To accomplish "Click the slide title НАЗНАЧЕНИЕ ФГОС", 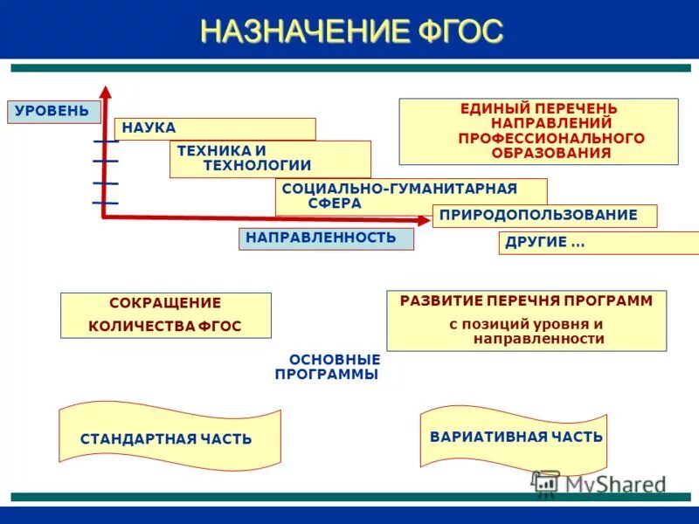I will [x=351, y=31].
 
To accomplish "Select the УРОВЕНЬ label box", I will [x=52, y=112].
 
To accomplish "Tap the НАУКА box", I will [x=214, y=128].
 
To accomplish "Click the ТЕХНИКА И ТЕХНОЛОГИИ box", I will [x=269, y=159].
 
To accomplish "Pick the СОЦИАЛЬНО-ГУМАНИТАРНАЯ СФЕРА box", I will [x=411, y=196].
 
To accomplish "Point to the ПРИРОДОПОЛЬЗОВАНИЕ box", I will [x=543, y=215].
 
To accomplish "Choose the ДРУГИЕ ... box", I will [x=598, y=243].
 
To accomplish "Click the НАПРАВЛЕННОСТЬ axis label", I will [x=326, y=238].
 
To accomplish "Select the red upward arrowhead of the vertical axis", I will [x=105, y=92].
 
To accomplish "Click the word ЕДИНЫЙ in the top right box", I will [x=495, y=108].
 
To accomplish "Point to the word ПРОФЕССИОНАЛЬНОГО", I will [x=551, y=138].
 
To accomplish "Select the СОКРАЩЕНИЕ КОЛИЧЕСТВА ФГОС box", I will [x=165, y=315].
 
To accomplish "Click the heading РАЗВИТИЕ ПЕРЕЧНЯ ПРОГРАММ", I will [x=526, y=301].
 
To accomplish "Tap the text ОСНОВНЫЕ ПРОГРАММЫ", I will [x=329, y=367].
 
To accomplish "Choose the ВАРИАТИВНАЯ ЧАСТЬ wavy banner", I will [x=515, y=437].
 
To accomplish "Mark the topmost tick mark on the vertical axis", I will [x=105, y=141].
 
